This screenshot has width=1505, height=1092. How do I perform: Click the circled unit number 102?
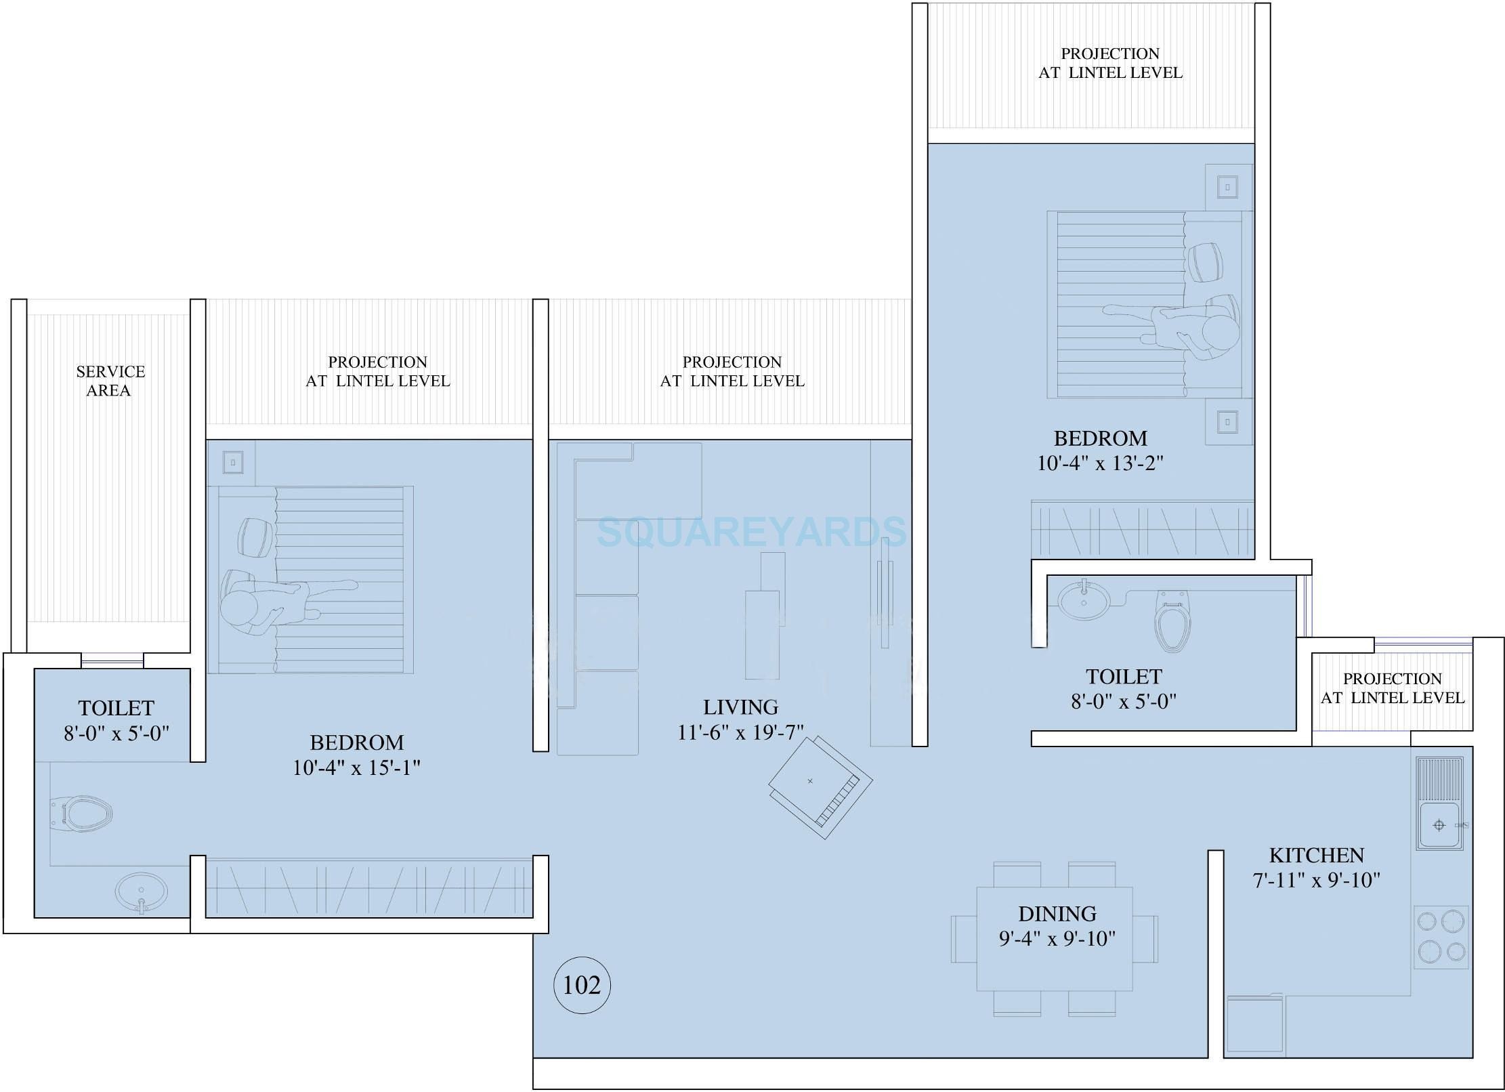(x=582, y=985)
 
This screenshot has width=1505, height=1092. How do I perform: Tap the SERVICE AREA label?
(x=110, y=381)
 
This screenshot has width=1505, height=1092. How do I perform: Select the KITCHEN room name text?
(x=1316, y=855)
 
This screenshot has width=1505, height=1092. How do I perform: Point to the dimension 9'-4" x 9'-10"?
(x=1057, y=939)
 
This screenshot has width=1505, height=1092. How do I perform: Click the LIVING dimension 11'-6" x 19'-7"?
(x=740, y=732)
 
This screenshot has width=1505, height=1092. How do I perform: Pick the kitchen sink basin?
(x=1439, y=825)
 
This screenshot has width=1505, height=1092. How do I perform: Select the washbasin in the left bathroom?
(x=141, y=894)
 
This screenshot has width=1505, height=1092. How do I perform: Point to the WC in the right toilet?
(x=1172, y=621)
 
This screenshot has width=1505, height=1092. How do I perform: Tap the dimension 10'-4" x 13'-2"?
(x=1100, y=463)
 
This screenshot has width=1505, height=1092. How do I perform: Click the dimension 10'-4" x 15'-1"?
(x=356, y=768)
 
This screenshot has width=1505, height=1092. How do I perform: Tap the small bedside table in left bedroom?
(x=232, y=463)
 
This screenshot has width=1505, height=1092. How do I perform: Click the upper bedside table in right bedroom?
(x=1227, y=188)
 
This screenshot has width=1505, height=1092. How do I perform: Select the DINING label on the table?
(x=1057, y=914)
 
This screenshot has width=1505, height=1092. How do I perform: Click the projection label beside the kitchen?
(x=1392, y=688)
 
